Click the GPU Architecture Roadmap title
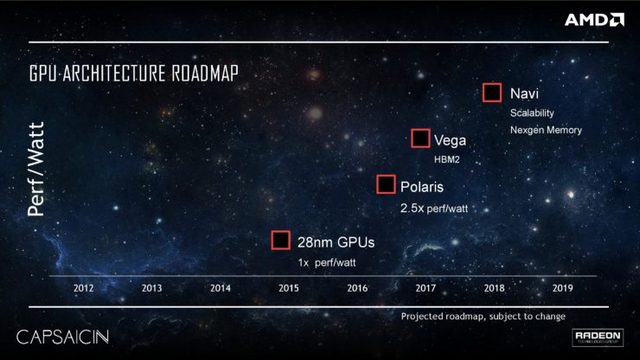tap(139, 76)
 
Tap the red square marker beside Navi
tap(492, 93)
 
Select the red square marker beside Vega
tap(420, 139)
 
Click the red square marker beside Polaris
tap(385, 184)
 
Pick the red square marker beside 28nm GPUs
tap(281, 240)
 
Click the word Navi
tap(526, 93)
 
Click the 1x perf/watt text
tap(327, 262)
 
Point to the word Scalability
tap(532, 113)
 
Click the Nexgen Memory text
tap(546, 130)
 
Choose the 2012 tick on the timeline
tap(84, 288)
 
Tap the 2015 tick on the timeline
tap(288, 288)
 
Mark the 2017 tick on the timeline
tap(425, 288)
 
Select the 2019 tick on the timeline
tap(562, 288)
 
